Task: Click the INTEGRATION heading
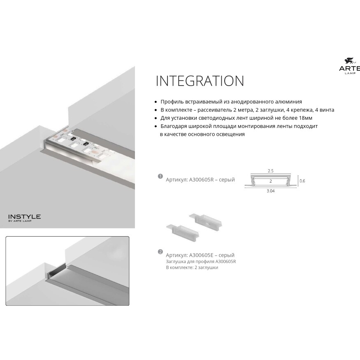coord(200,81)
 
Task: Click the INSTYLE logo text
coord(25,216)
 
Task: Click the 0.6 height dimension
coord(302,181)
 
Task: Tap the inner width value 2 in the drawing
coord(270,181)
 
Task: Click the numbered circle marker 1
coord(160,176)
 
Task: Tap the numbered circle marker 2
coord(160,251)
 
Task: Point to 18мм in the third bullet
coord(305,118)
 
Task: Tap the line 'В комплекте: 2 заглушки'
coord(192,267)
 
